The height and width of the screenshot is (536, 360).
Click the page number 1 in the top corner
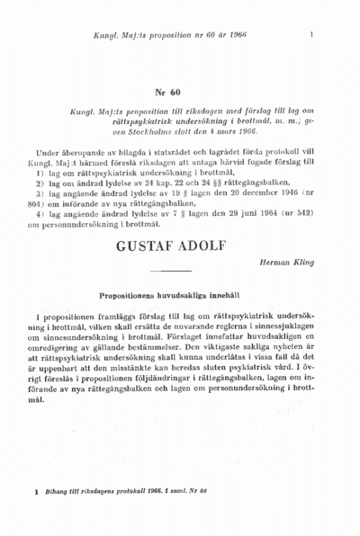click(x=310, y=35)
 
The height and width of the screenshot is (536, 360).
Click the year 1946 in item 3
click(x=272, y=192)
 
